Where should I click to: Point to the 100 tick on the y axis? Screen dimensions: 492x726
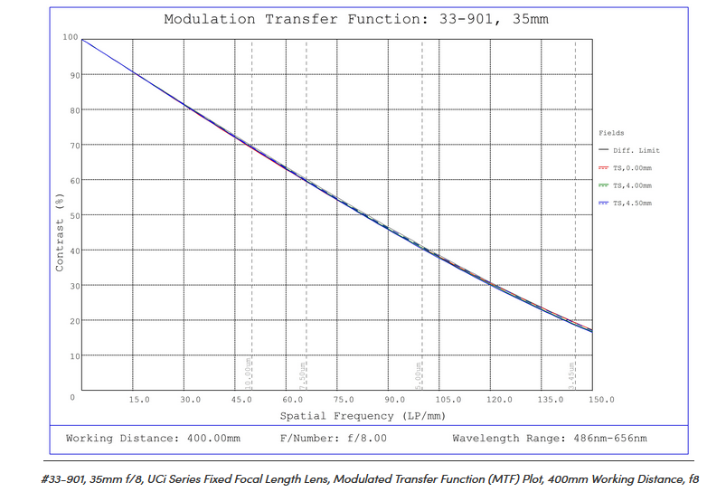pos(70,38)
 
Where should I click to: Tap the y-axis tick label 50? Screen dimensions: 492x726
pos(72,215)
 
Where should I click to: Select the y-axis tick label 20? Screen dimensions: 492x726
pos(72,321)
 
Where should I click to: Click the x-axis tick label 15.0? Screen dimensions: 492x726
pos(139,399)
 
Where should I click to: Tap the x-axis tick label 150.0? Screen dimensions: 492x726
pos(601,399)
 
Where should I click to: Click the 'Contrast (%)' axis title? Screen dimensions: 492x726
pos(61,232)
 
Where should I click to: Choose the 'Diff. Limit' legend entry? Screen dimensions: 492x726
pos(635,150)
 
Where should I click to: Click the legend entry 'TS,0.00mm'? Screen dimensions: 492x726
pos(632,168)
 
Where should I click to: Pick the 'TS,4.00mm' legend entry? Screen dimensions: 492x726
pos(632,185)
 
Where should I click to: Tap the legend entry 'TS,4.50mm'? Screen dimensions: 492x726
pos(632,203)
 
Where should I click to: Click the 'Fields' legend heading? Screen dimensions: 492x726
pos(611,133)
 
